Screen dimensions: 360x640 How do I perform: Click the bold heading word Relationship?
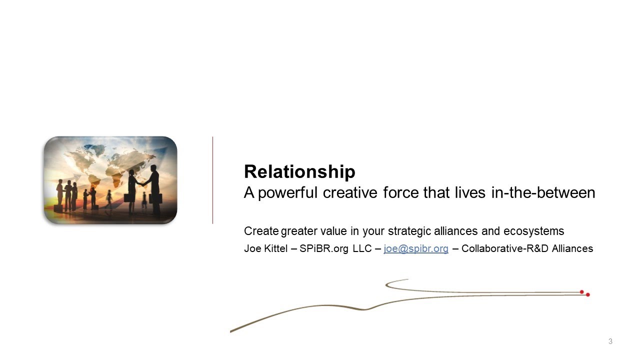(299, 172)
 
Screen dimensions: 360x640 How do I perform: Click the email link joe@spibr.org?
(416, 248)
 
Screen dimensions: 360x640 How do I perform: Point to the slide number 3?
(610, 341)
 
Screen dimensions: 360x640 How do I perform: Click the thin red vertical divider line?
(212, 180)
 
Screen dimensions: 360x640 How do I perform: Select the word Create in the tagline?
(261, 231)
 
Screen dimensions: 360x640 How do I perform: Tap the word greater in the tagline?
(298, 231)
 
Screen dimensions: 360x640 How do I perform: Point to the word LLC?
(362, 248)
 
